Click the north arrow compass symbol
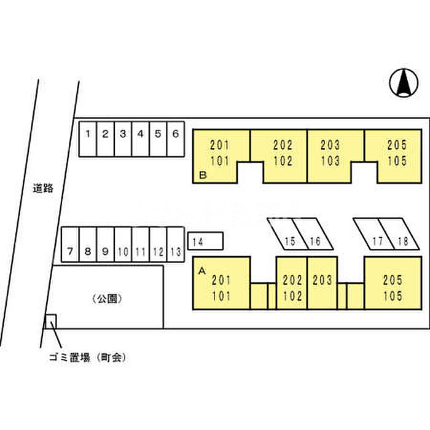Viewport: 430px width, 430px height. pyautogui.click(x=402, y=83)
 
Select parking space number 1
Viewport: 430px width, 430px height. pyautogui.click(x=88, y=138)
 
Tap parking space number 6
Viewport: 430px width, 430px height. pyautogui.click(x=175, y=138)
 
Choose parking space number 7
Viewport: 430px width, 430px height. pyautogui.click(x=70, y=246)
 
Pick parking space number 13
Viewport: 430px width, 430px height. pyautogui.click(x=175, y=246)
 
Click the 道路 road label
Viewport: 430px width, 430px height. pyautogui.click(x=43, y=189)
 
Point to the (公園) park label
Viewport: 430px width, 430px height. pyautogui.click(x=108, y=299)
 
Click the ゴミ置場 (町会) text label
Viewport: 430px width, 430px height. pyautogui.click(x=87, y=357)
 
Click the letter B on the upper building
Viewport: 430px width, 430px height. pyautogui.click(x=202, y=176)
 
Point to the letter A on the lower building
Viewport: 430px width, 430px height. pyautogui.click(x=201, y=269)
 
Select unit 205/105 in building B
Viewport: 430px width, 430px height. pyautogui.click(x=396, y=154)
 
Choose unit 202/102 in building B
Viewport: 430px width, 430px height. pyautogui.click(x=283, y=154)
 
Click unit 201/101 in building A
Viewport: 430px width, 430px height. pyautogui.click(x=221, y=287)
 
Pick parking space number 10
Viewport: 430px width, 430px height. pyautogui.click(x=123, y=246)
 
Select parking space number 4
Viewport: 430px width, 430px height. pyautogui.click(x=140, y=138)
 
